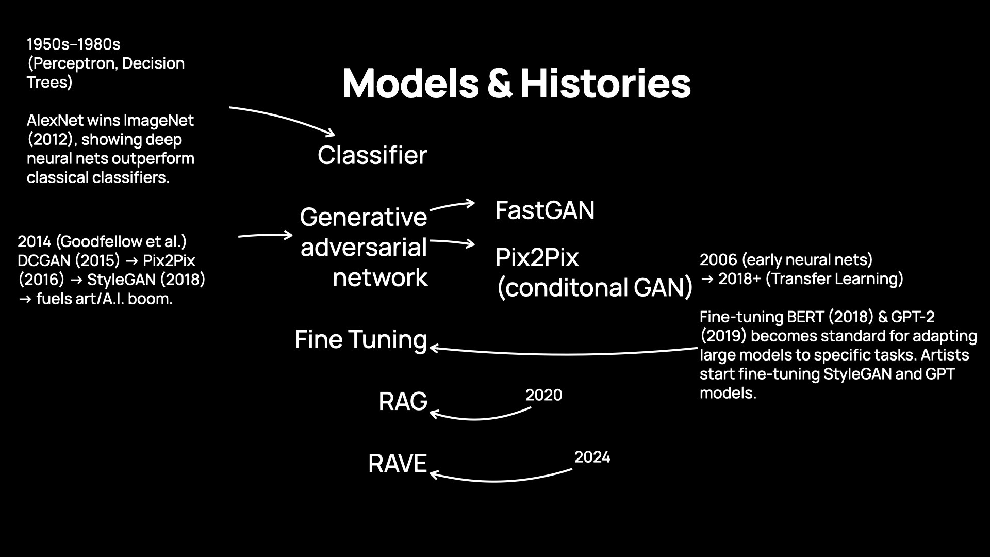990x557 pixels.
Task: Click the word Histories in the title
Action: click(605, 84)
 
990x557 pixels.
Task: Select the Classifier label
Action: click(372, 155)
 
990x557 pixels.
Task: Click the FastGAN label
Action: click(544, 210)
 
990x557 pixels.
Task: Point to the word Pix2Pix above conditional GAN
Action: click(537, 257)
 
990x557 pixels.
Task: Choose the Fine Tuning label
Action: click(360, 340)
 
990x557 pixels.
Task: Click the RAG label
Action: click(403, 402)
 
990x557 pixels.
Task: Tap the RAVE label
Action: click(397, 464)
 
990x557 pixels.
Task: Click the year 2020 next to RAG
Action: click(543, 395)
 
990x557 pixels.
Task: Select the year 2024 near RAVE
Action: click(592, 457)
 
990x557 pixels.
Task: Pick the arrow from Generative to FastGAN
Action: click(451, 205)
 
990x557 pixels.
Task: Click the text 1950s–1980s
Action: click(73, 44)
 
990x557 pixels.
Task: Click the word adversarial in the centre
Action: click(364, 248)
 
